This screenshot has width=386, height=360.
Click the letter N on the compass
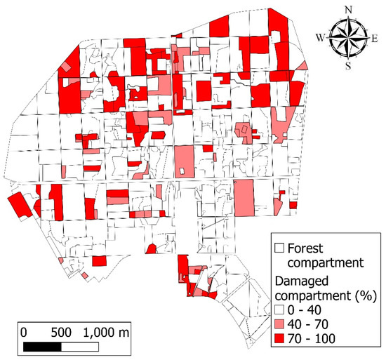tap(349, 10)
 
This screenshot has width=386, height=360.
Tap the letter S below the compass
tap(349, 66)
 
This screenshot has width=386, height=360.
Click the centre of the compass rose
tap(349, 38)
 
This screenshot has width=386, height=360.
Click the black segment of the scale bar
tap(40, 346)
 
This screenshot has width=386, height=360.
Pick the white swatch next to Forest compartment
tap(279, 248)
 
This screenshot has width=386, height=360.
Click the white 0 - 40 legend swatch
tap(279, 311)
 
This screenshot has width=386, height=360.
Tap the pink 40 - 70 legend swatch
tap(279, 325)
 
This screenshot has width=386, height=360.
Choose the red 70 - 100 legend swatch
tap(279, 340)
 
